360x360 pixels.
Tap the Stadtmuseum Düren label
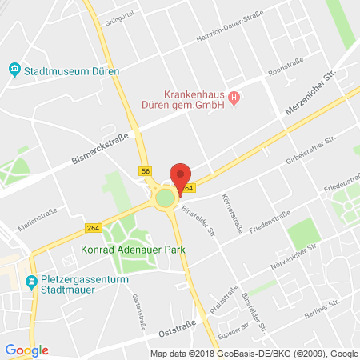71,71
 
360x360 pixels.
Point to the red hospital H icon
234,99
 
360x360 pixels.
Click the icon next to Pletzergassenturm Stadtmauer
31,282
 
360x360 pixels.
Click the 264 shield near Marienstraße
94,228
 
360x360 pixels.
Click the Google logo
26,350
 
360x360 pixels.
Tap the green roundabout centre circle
166,198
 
